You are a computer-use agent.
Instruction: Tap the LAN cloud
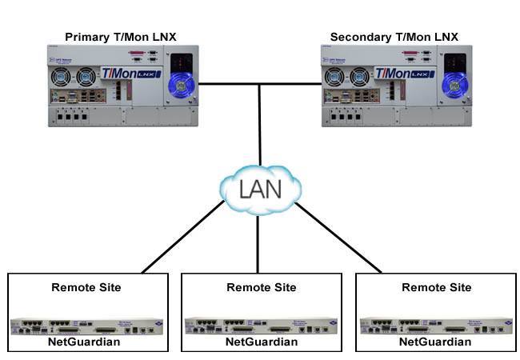point(259,190)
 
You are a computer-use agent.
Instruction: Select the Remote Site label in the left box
point(86,287)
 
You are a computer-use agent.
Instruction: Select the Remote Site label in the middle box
point(261,287)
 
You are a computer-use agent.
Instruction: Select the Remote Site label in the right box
point(436,287)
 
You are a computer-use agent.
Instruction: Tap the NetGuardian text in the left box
point(86,342)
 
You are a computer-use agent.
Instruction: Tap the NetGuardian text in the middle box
point(261,342)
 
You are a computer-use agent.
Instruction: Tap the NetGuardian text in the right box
point(436,342)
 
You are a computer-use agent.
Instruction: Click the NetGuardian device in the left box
point(86,326)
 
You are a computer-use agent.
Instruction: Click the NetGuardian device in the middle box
point(261,326)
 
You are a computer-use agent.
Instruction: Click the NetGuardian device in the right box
point(436,326)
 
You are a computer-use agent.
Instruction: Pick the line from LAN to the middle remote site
point(258,244)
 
